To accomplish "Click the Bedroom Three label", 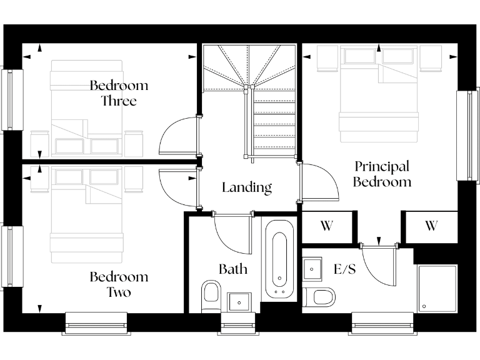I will point(119,92).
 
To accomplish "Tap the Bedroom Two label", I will point(119,284).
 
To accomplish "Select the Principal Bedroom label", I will point(382,174).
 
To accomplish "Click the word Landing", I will point(247,187).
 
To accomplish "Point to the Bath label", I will point(232,269).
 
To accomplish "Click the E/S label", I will point(345,269).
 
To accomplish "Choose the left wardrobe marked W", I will point(326,226).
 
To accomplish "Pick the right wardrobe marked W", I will point(431,226).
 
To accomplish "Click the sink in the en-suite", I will point(312,269).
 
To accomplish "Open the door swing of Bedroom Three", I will point(178,136).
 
